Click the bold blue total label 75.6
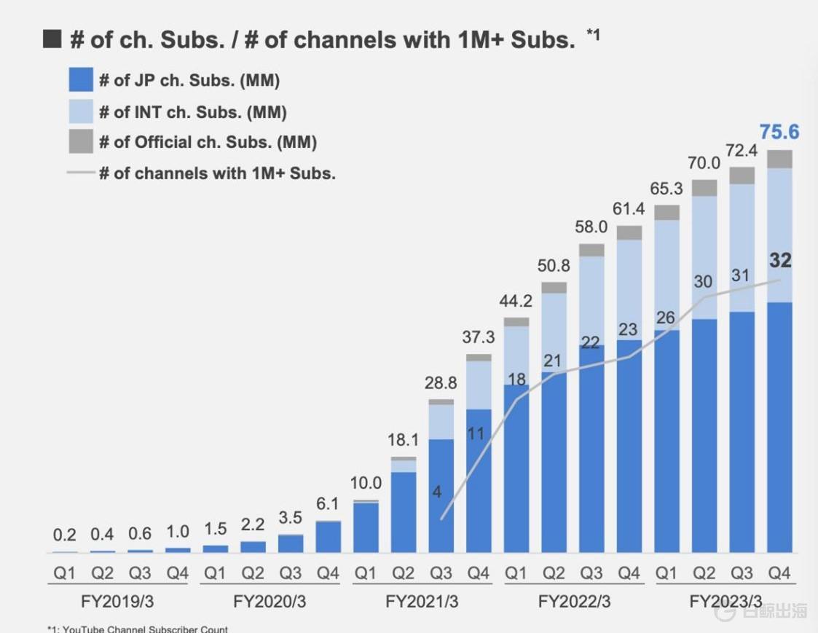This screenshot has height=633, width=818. click(x=779, y=132)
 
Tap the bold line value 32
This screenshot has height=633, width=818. click(x=780, y=261)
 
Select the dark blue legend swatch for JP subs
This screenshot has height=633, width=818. click(x=81, y=80)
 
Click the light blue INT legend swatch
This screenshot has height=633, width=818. click(x=81, y=111)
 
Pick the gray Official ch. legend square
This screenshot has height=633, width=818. click(x=81, y=142)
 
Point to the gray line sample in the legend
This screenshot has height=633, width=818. click(x=81, y=173)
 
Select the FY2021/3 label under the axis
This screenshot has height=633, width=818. click(x=422, y=602)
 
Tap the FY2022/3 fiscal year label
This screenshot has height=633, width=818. click(x=574, y=602)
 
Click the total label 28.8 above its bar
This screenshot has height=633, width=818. click(x=441, y=383)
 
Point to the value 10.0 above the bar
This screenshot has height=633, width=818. click(x=366, y=483)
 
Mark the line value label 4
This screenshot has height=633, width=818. click(x=437, y=492)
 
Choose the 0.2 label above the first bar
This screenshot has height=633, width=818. click(x=64, y=535)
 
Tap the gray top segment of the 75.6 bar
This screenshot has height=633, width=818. click(x=779, y=159)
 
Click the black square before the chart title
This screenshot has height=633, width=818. click(x=52, y=39)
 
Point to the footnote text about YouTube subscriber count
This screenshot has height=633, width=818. click(x=138, y=629)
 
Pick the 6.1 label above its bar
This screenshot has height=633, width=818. click(x=328, y=504)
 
